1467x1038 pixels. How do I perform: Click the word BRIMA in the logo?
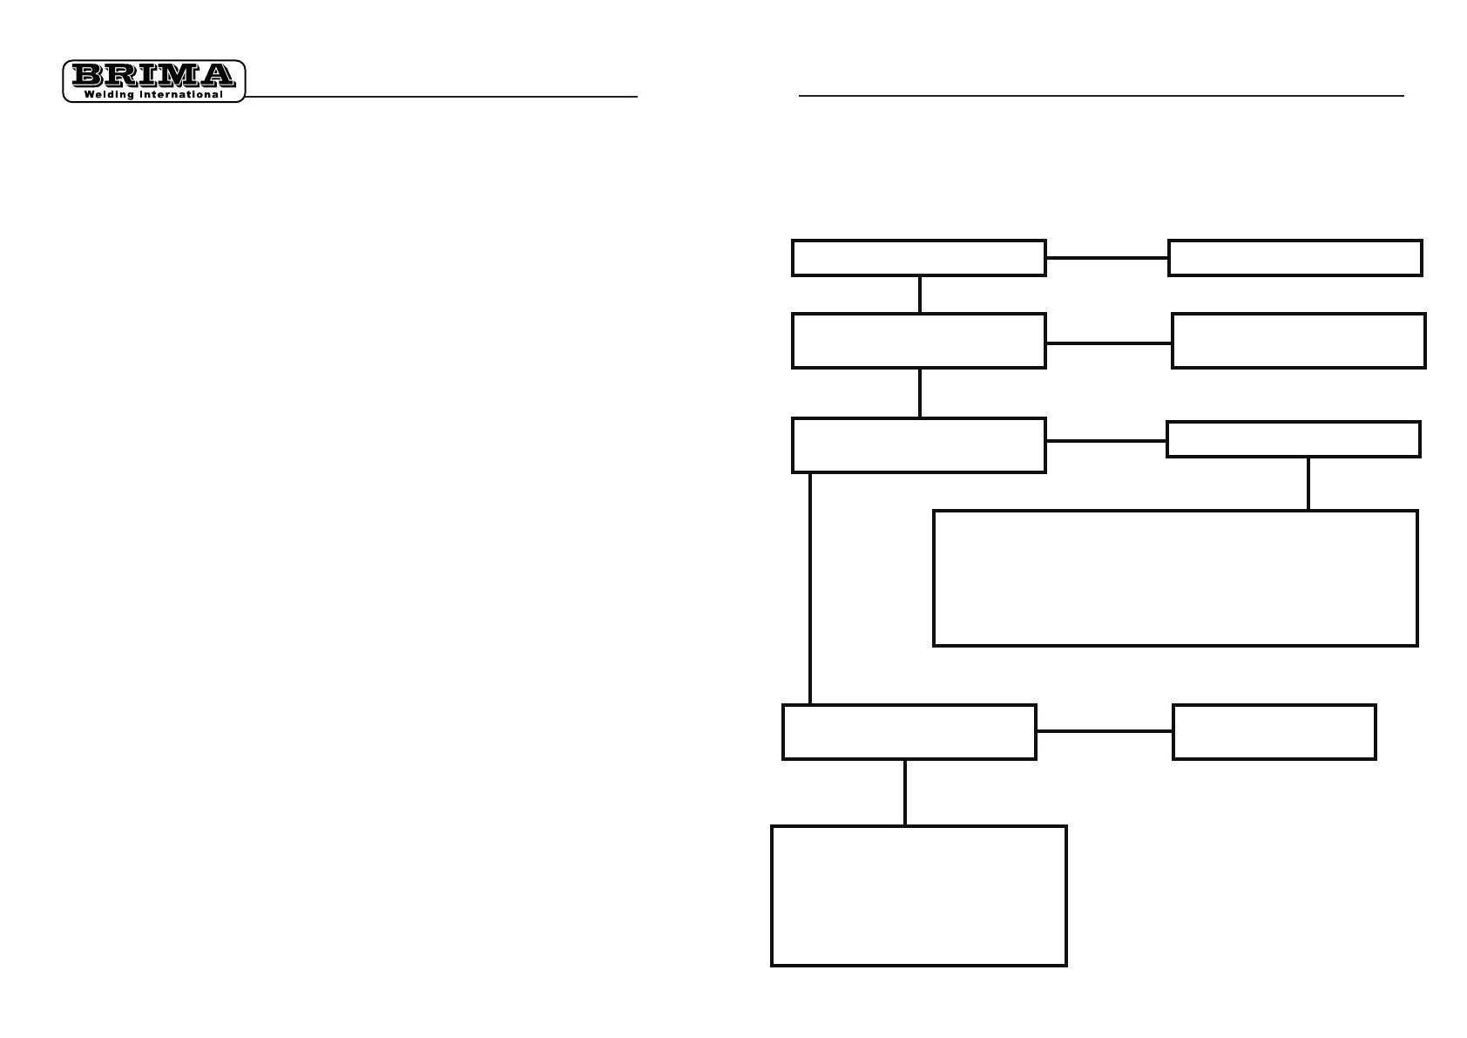click(x=153, y=75)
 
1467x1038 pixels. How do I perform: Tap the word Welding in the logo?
click(x=108, y=94)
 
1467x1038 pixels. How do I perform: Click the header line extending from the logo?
click(x=441, y=97)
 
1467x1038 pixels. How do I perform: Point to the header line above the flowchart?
click(x=1101, y=96)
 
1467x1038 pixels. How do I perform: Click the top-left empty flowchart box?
click(x=918, y=258)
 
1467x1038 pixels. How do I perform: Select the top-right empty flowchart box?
click(x=1295, y=258)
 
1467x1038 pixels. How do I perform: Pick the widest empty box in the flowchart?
click(x=1175, y=578)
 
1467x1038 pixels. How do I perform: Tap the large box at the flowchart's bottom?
click(x=918, y=895)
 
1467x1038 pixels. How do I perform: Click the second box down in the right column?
click(x=1298, y=341)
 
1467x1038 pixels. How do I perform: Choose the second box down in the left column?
click(x=918, y=341)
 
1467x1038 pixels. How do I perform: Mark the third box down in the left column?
click(x=918, y=445)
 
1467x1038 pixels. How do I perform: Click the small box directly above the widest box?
click(x=1293, y=439)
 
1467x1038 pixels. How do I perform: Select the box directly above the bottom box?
click(x=909, y=732)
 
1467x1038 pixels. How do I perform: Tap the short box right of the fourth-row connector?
click(x=1274, y=732)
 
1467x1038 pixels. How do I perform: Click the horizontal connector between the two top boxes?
click(x=1106, y=258)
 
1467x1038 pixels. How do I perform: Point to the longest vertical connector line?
click(x=810, y=588)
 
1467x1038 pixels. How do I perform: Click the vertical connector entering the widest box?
click(x=1308, y=484)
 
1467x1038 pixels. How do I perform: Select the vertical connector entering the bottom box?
click(x=905, y=792)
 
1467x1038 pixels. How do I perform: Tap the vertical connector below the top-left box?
click(x=919, y=295)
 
